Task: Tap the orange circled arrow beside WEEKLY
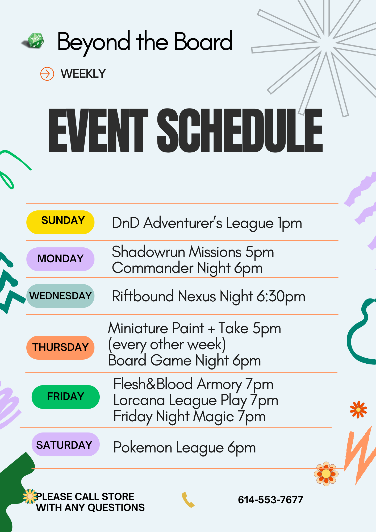(x=47, y=74)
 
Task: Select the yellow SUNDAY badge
(x=60, y=222)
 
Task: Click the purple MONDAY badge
(x=60, y=259)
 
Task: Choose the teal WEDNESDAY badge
(x=60, y=296)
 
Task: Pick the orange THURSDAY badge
(x=60, y=347)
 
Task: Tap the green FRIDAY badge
(x=65, y=397)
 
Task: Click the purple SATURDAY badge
(x=65, y=444)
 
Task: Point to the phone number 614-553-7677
(x=270, y=500)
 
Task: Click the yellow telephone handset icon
(x=188, y=500)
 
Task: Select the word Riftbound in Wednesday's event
(x=143, y=296)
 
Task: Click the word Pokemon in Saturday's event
(x=143, y=448)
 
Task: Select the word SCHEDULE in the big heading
(x=240, y=131)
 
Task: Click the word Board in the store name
(x=203, y=42)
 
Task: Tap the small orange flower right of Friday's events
(x=358, y=409)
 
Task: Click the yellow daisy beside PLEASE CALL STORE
(x=30, y=496)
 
